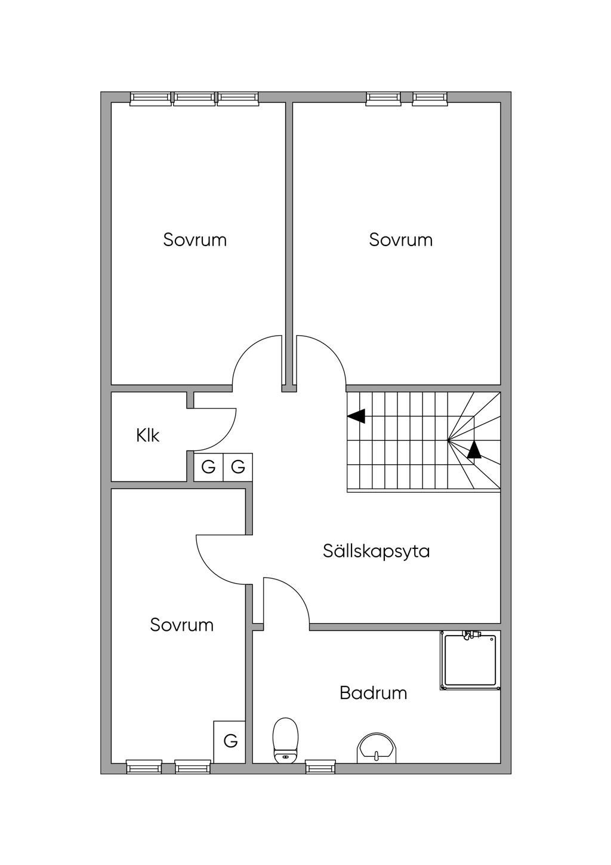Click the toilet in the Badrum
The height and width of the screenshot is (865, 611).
285,741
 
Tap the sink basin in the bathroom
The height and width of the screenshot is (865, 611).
376,749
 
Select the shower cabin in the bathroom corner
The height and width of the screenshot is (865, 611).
470,660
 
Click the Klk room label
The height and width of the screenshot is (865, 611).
147,435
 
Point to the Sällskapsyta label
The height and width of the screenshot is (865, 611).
376,550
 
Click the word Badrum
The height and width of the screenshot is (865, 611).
373,693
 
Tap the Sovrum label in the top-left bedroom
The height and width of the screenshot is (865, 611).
195,240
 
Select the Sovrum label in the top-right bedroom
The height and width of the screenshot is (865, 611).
400,240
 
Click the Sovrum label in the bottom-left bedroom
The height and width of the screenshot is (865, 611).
181,625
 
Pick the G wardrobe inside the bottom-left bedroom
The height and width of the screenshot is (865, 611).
230,741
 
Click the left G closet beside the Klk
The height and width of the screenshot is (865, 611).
208,467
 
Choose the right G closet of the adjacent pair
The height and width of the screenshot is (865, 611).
238,467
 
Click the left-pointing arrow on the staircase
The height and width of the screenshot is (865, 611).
356,416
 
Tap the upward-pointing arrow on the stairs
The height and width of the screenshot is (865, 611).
474,450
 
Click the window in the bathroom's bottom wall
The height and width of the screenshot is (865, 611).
320,766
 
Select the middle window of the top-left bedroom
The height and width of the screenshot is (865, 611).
195,99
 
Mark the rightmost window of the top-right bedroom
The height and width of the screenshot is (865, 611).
430,99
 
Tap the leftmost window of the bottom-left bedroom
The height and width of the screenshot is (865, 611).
144,766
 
